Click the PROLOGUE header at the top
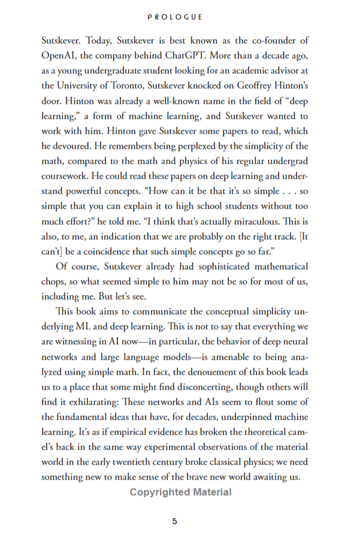click(x=180, y=17)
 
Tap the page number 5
click(x=175, y=521)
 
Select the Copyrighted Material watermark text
click(x=180, y=492)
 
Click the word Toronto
click(x=140, y=86)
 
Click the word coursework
click(x=66, y=176)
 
